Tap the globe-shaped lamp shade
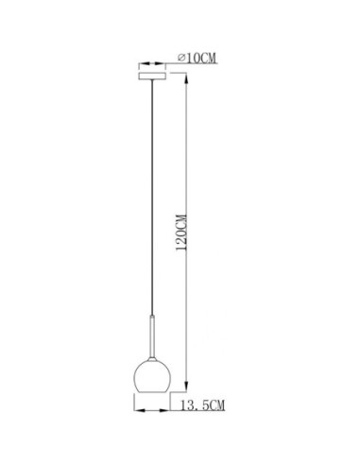point(150,376)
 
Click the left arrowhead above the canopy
point(139,64)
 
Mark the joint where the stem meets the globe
point(150,358)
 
